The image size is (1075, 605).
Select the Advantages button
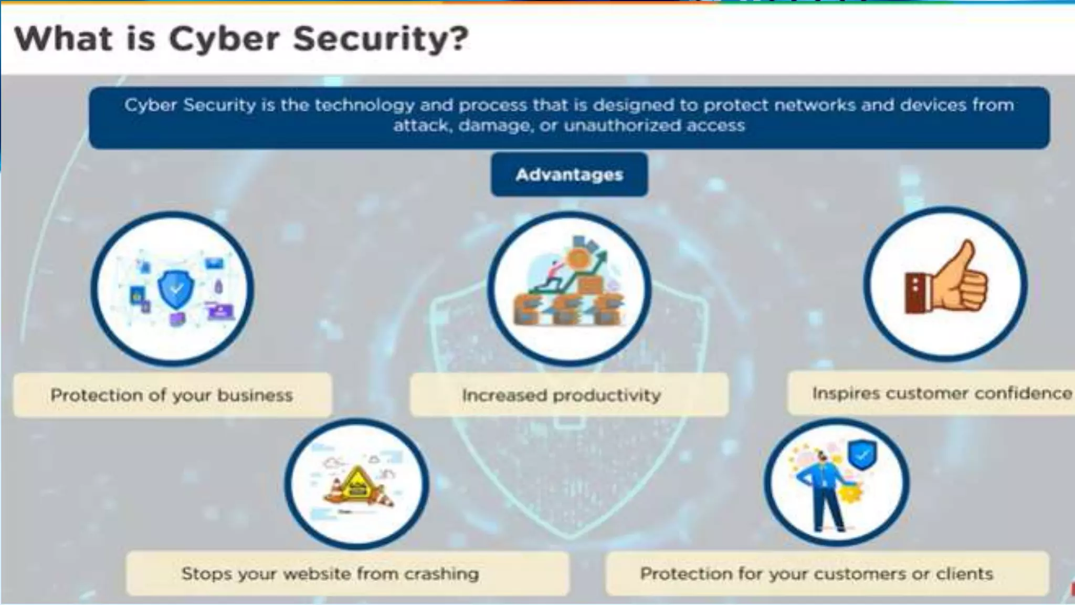click(569, 174)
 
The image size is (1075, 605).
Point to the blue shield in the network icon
click(176, 288)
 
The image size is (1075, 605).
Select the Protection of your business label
click(172, 395)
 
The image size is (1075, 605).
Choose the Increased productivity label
click(561, 395)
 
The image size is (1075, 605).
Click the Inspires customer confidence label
click(941, 393)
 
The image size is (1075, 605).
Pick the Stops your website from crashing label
click(330, 573)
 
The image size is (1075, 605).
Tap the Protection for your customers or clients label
click(816, 573)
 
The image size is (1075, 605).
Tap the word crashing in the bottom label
click(441, 573)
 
